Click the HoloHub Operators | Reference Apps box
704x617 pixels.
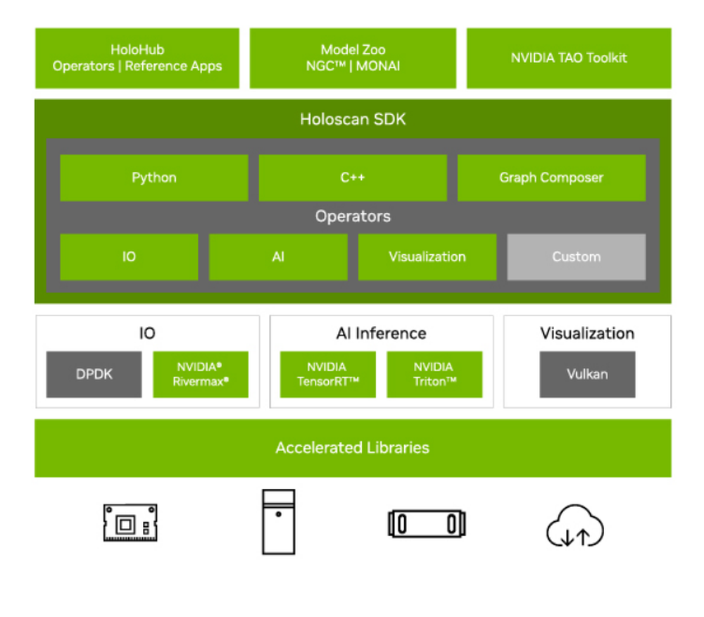137,58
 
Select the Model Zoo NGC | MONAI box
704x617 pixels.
353,58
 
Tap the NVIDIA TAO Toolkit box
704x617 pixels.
569,58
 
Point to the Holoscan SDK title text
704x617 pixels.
353,119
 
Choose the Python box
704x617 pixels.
154,177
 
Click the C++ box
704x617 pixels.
353,177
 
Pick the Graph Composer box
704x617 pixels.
551,177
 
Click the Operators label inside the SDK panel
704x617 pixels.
353,216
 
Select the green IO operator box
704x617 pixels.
129,257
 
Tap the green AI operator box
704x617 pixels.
278,257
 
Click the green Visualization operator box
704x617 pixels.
427,257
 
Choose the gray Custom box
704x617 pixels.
577,257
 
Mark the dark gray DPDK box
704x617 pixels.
94,374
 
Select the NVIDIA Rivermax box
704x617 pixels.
201,374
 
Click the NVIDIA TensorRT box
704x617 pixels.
327,374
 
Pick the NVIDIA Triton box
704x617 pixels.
434,374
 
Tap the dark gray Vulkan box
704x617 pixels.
587,374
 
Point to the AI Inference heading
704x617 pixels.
381,333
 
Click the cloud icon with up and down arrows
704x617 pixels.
575,526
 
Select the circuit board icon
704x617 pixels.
130,523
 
